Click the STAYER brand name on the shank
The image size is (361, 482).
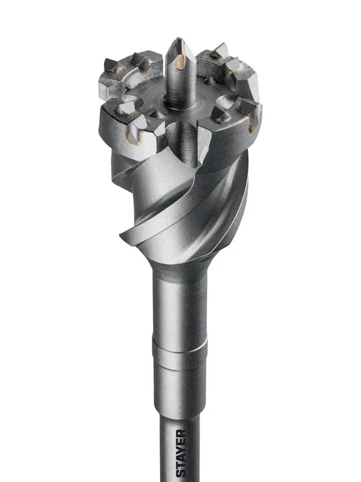pyautogui.click(x=181, y=455)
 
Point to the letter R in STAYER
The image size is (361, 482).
pyautogui.click(x=181, y=434)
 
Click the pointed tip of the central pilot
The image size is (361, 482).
pyautogui.click(x=178, y=39)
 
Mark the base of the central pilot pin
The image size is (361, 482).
pyautogui.click(x=180, y=104)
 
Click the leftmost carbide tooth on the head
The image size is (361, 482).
pyautogui.click(x=110, y=65)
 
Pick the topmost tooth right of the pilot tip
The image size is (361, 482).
pyautogui.click(x=220, y=50)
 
